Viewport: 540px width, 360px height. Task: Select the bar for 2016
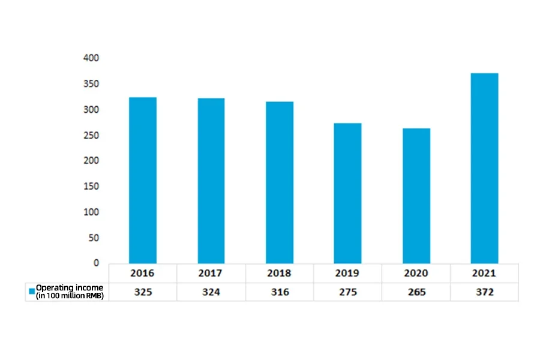(143, 180)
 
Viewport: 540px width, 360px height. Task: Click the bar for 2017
(211, 181)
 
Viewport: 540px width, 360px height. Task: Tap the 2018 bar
(279, 182)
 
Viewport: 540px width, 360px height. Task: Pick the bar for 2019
(347, 193)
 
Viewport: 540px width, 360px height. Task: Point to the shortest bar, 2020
(416, 196)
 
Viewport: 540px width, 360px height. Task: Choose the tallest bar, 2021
(484, 168)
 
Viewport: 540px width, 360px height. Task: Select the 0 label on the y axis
(96, 263)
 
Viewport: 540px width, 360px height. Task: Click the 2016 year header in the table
(143, 273)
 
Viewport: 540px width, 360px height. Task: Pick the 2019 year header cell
(347, 273)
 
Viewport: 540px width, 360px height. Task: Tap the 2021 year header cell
(484, 273)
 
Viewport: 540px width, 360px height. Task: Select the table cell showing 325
(143, 292)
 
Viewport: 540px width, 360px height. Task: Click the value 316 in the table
(279, 292)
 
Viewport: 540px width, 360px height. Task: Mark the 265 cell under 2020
(416, 292)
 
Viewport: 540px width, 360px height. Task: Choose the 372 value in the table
(484, 292)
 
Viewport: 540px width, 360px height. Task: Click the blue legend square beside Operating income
(32, 292)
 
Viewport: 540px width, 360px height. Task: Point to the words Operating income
(69, 288)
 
